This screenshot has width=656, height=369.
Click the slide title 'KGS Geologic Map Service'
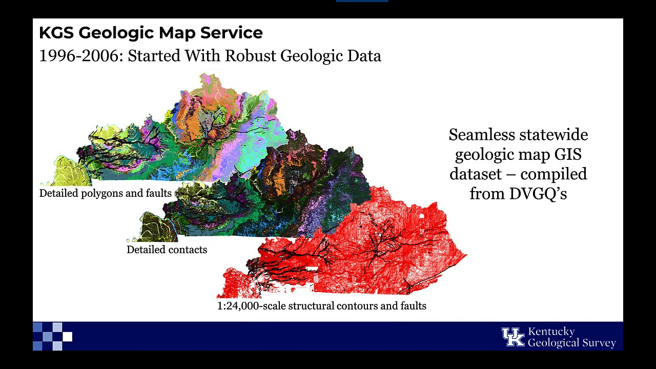click(x=151, y=33)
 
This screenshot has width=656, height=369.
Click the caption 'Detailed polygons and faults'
click(x=105, y=193)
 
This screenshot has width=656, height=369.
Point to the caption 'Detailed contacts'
click(x=167, y=250)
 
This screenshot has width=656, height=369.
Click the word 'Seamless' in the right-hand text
click(x=481, y=135)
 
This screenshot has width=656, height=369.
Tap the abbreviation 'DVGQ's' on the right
click(x=538, y=193)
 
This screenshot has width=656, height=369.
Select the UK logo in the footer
click(x=512, y=337)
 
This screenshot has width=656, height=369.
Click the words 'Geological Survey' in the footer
click(x=571, y=343)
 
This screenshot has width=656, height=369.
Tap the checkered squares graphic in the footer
click(x=53, y=336)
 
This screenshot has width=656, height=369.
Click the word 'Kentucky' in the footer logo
click(x=551, y=331)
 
